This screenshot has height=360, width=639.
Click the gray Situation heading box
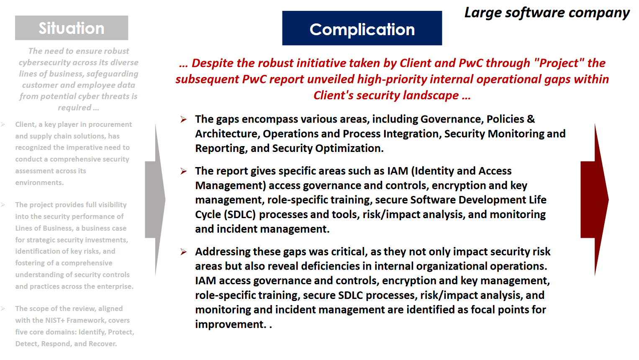tap(72, 28)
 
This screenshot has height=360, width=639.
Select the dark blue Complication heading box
tap(362, 28)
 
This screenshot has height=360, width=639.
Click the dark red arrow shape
tap(595, 200)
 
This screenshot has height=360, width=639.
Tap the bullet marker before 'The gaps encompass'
tap(183, 119)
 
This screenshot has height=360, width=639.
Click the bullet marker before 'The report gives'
tap(183, 171)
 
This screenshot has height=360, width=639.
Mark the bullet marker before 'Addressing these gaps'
tap(183, 252)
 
